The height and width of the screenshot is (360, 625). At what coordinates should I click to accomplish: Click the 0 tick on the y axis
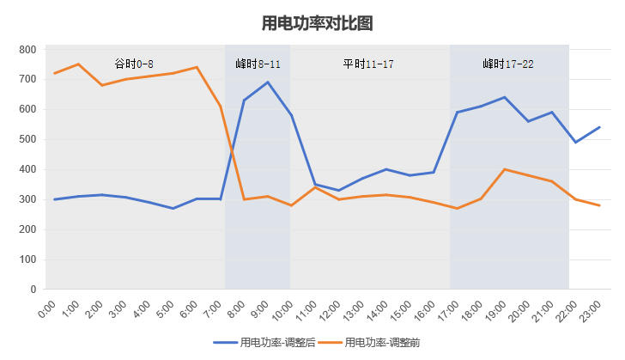[x=33, y=290]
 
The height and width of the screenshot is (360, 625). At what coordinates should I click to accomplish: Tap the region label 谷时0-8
[x=135, y=64]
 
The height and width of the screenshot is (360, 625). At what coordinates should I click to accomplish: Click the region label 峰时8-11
[x=258, y=64]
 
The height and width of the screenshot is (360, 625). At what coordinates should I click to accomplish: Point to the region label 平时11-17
[x=368, y=64]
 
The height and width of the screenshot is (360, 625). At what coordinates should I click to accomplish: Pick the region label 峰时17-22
[x=508, y=64]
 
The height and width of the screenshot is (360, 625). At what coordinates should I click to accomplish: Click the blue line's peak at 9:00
[x=268, y=82]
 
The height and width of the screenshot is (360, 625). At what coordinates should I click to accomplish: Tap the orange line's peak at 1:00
[x=78, y=64]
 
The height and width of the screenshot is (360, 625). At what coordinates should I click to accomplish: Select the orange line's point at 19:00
[x=504, y=169]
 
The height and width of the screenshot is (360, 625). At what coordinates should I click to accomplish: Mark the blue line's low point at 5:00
[x=173, y=208]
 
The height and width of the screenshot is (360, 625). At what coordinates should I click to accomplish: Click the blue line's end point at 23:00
[x=599, y=127]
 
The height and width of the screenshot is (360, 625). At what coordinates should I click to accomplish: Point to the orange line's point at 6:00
[x=197, y=67]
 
